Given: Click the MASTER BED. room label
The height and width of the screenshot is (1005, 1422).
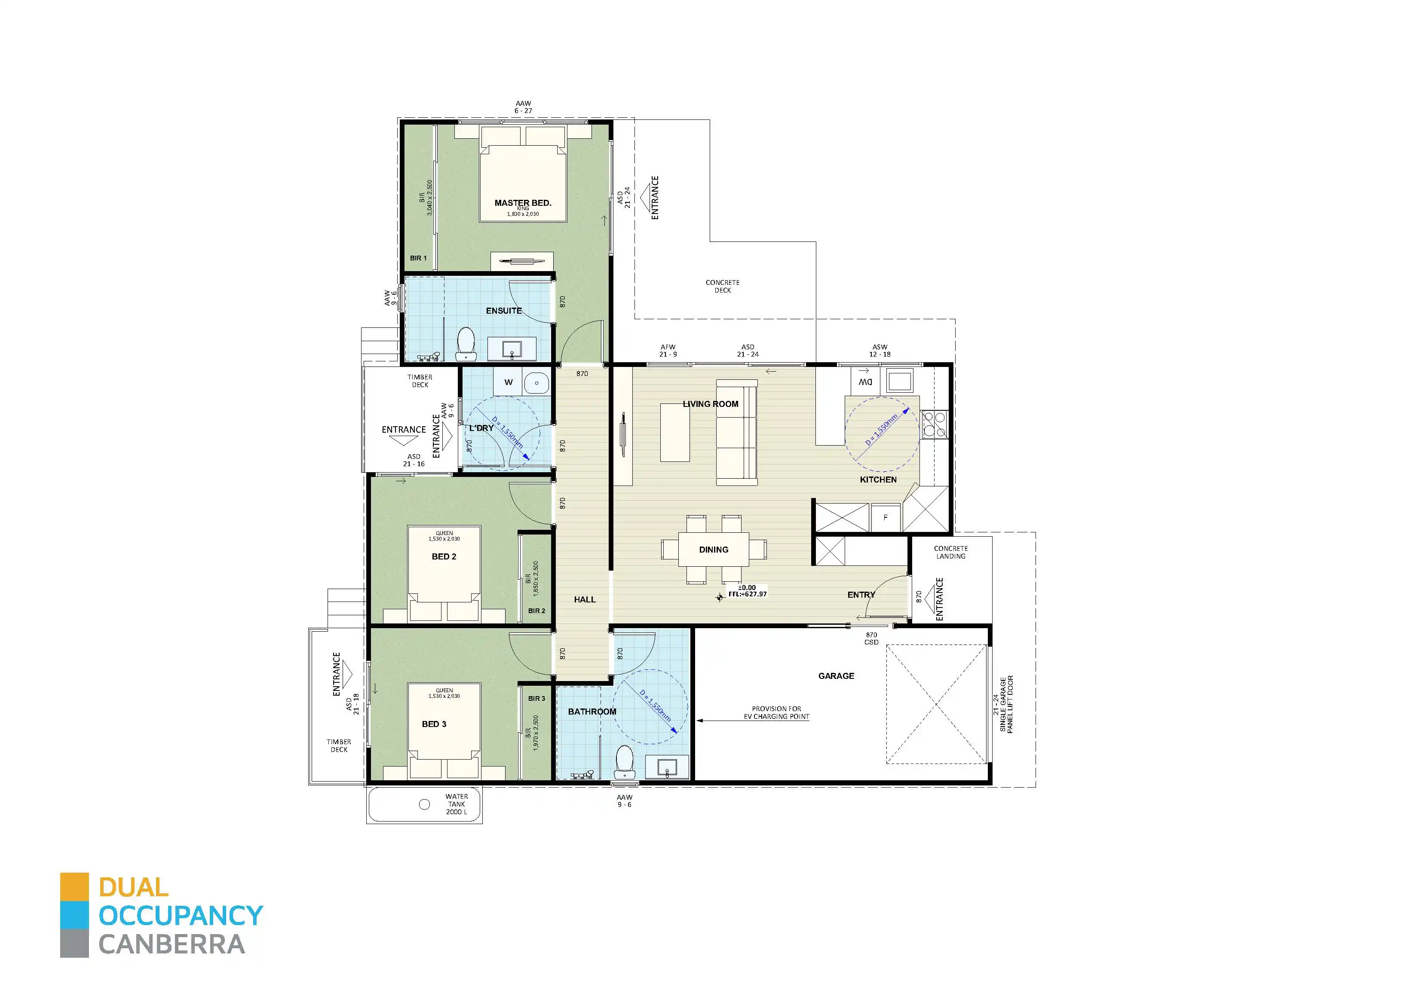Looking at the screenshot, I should point(522,202).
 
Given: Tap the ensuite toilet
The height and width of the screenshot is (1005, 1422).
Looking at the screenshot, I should point(465,344).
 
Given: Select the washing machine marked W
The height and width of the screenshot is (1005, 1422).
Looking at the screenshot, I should point(509,383).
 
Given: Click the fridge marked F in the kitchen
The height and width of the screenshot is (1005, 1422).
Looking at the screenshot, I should point(885,518).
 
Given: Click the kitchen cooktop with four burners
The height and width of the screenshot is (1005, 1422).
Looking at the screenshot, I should point(934,425).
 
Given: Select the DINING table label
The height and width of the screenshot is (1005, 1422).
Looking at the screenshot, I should point(714,549).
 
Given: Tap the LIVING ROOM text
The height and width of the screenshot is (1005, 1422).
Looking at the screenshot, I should point(711,404).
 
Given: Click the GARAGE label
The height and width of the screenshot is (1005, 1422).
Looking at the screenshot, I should point(836,675).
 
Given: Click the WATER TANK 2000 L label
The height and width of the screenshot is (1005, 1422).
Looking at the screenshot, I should point(457,804).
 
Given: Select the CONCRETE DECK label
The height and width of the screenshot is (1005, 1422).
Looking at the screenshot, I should point(722,286).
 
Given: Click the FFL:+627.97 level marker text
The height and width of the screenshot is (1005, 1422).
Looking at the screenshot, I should point(747,594).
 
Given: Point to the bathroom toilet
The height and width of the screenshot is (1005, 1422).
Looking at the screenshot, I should point(624,762).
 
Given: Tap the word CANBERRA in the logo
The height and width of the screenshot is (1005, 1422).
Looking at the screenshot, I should point(172,945).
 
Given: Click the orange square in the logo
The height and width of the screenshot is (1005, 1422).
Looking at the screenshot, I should point(74,887).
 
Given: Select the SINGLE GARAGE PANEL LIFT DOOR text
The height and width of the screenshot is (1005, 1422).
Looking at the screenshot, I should point(1006,705).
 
